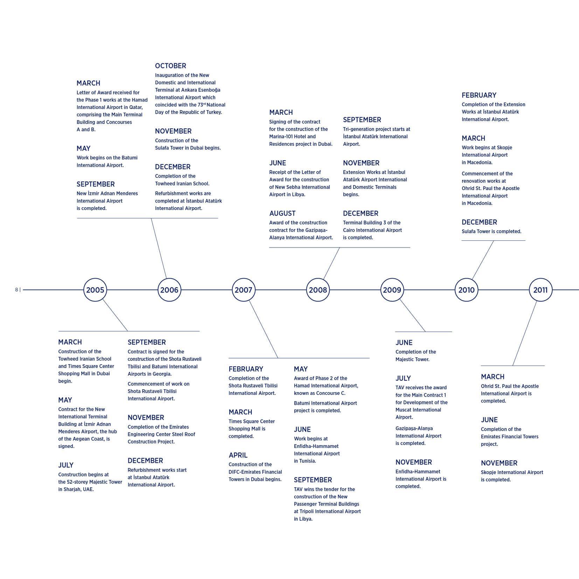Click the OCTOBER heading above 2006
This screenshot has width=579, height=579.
pyautogui.click(x=170, y=66)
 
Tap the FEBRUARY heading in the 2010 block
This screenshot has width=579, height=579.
pyautogui.click(x=479, y=95)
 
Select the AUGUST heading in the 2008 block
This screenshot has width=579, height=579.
pyautogui.click(x=282, y=214)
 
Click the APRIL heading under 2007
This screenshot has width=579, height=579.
pyautogui.click(x=238, y=455)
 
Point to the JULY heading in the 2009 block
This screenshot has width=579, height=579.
pyautogui.click(x=403, y=378)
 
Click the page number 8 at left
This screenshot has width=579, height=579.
pyautogui.click(x=16, y=290)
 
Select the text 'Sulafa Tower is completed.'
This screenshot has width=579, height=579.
pyautogui.click(x=491, y=231)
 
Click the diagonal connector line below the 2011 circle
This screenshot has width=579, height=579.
pyautogui.click(x=525, y=333)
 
